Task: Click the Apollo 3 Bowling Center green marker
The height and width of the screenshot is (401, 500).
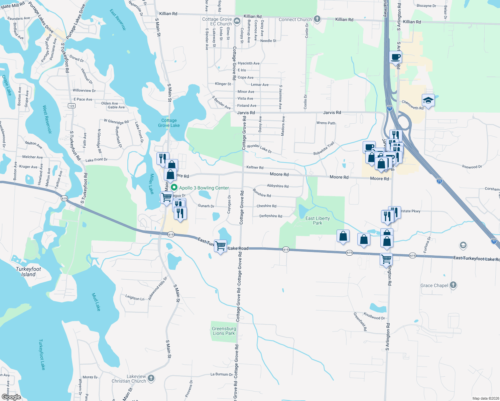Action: point(174,188)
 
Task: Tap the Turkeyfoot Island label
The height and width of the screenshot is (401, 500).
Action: point(28,272)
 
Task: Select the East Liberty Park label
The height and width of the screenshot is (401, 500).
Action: point(318,221)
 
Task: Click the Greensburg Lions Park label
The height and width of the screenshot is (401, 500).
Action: point(224,331)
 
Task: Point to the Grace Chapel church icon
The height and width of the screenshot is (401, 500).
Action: point(453,285)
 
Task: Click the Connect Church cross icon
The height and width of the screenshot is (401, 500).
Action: point(317,19)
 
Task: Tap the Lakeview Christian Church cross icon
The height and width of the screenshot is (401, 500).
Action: point(151,378)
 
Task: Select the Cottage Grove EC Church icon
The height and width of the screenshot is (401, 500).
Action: point(237,21)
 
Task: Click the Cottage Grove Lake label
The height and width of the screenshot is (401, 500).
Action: point(169,123)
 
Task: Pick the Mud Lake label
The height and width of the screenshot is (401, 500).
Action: point(96,302)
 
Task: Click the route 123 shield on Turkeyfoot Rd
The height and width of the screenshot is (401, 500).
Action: point(72,106)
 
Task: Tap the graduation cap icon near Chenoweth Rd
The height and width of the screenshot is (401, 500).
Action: point(428,100)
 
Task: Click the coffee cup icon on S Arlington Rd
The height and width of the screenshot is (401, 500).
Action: point(395,57)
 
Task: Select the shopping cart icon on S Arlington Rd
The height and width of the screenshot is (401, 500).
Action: point(386,259)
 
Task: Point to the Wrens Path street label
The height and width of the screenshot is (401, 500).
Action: point(326,123)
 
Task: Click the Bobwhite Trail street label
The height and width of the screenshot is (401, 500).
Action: point(324,149)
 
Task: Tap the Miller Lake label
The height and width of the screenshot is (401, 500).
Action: point(151,184)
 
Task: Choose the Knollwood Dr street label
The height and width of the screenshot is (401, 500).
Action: point(374,316)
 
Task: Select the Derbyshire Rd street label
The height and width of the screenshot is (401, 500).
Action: point(271,216)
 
